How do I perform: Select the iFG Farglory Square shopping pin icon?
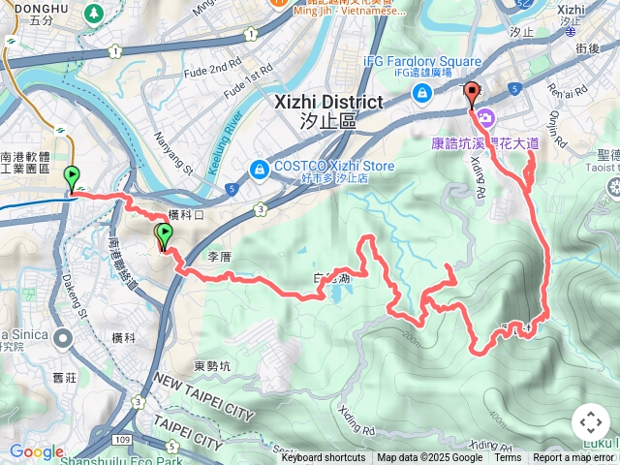click(422, 93)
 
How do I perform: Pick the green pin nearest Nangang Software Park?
click(72, 178)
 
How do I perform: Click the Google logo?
click(36, 451)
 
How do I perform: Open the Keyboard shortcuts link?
click(324, 458)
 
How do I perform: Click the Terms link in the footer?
click(508, 458)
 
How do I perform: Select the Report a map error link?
click(574, 458)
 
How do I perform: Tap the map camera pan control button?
click(591, 422)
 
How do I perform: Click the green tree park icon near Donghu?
click(94, 14)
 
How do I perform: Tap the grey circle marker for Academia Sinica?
click(64, 338)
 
